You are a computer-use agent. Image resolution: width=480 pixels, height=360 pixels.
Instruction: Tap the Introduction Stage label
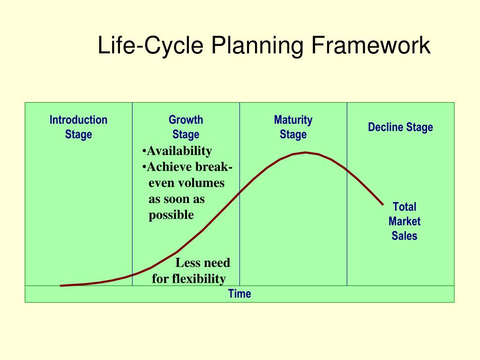click(78, 127)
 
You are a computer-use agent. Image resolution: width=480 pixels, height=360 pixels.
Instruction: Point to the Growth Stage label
click(186, 127)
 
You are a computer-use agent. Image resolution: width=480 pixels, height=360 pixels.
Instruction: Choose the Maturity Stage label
click(293, 127)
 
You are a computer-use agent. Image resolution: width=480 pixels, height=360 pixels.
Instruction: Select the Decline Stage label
click(400, 127)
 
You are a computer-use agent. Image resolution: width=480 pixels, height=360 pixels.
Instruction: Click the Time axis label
click(240, 294)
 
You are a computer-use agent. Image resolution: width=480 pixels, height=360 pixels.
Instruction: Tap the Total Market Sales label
click(404, 221)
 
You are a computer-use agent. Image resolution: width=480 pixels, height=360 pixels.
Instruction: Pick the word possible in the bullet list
click(171, 215)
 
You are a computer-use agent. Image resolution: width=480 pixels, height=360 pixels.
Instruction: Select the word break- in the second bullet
click(211, 167)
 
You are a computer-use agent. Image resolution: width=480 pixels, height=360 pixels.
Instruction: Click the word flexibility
click(199, 279)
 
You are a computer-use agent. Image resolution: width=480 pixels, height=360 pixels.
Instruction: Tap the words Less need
click(202, 263)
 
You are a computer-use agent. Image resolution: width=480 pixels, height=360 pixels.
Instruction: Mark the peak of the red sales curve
click(306, 152)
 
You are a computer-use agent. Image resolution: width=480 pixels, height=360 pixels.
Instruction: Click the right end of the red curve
click(383, 204)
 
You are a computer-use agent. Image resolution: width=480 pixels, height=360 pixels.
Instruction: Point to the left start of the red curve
click(61, 285)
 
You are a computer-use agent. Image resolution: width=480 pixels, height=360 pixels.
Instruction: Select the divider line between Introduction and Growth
click(132, 211)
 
